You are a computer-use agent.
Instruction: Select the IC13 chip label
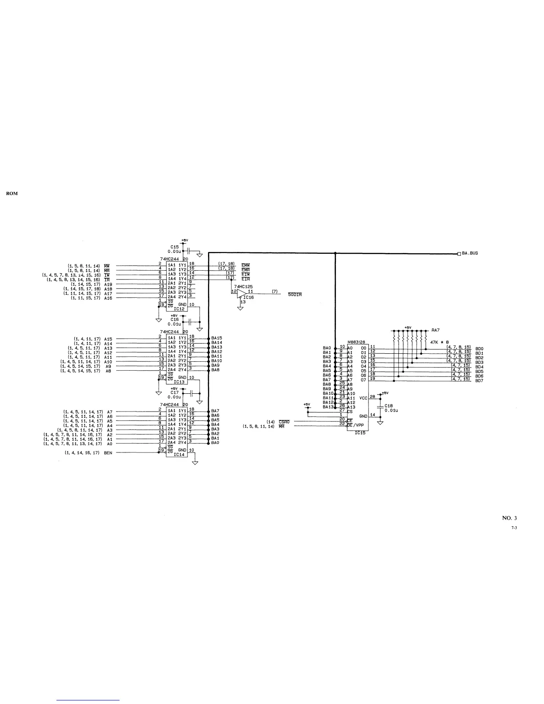coord(179,381)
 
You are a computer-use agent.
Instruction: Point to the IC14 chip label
coord(179,454)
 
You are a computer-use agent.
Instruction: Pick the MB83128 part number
coord(356,341)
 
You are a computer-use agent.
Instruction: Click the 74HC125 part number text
coord(243,287)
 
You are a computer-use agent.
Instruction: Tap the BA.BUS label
coord(470,253)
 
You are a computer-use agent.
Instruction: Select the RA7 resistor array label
coord(436,331)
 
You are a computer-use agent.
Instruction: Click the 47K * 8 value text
coord(440,341)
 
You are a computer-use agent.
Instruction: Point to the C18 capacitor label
coord(389,405)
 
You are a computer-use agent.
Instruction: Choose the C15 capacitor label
coord(174,247)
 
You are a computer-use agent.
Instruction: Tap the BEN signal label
coord(108,453)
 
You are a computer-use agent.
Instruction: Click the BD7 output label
coord(479,381)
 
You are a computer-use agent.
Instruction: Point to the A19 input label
coord(108,284)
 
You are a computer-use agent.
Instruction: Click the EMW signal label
coord(245,265)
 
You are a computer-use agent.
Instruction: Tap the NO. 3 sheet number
coord(509,517)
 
